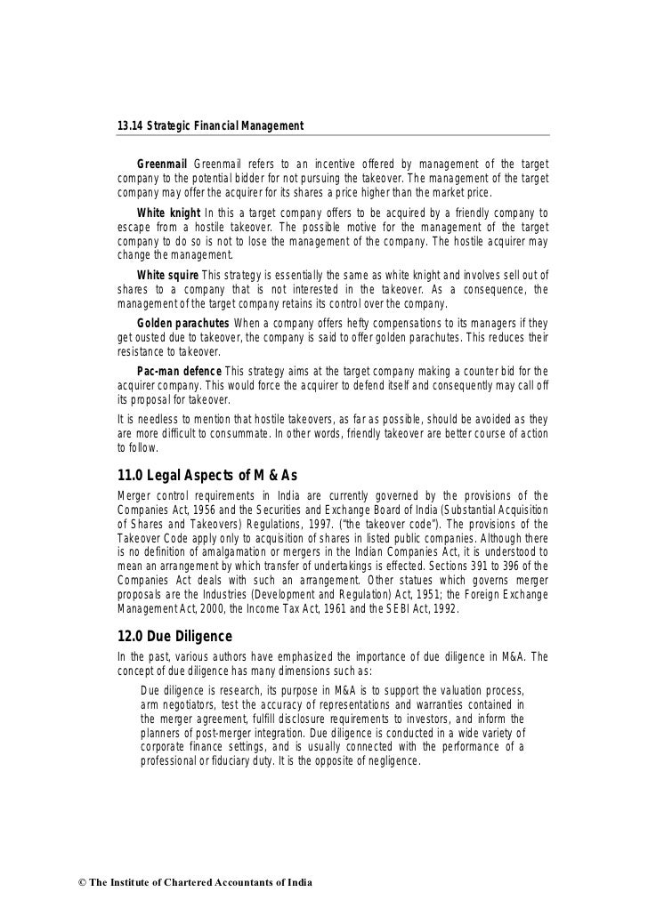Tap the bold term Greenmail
click(x=161, y=165)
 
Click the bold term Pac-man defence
click(x=179, y=370)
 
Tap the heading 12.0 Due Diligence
click(x=174, y=637)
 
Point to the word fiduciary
click(x=222, y=763)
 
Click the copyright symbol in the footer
click(x=61, y=882)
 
